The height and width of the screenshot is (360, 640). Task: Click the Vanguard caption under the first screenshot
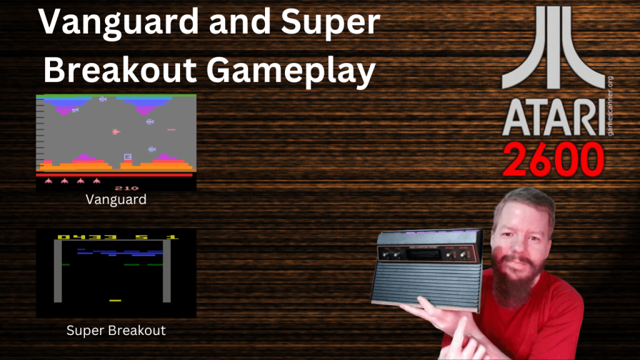116,200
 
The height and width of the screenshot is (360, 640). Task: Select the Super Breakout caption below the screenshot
116,331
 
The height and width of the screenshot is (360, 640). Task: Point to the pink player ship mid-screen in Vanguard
116,131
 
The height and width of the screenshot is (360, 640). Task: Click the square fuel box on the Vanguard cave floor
128,156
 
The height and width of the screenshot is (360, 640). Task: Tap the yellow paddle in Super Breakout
115,301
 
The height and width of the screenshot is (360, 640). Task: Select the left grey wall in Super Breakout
57,272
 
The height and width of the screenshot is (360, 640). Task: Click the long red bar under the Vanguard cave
116,175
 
